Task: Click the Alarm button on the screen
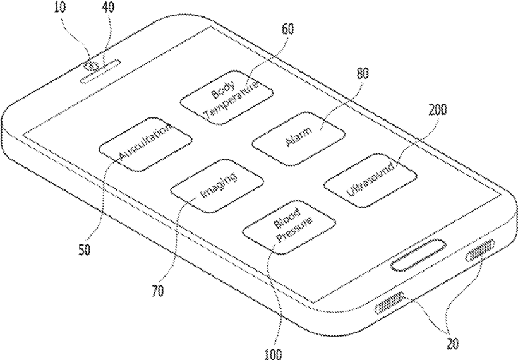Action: click(298, 139)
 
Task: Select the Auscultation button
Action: click(145, 143)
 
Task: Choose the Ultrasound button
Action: click(371, 180)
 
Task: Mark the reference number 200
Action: click(435, 109)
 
